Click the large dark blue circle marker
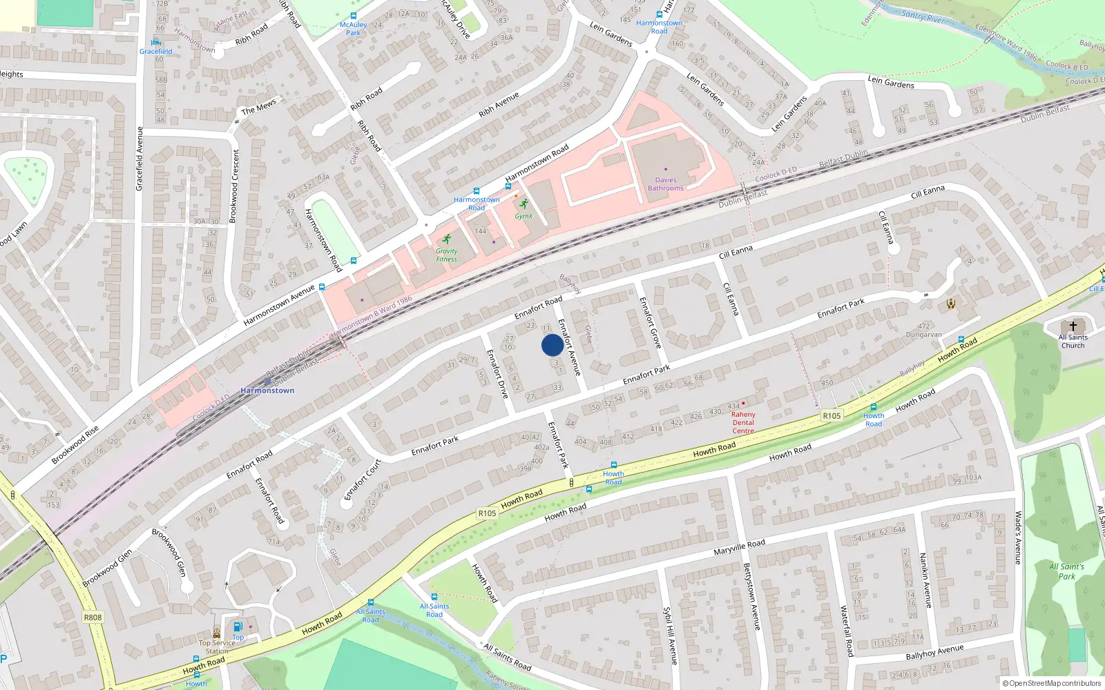tap(552, 345)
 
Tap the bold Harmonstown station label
tap(267, 391)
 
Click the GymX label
tap(523, 216)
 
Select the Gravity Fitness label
tap(446, 255)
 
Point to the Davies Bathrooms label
tap(666, 184)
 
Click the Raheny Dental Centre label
tap(743, 422)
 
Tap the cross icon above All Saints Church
tap(1073, 326)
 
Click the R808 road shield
tap(93, 617)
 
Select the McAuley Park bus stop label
tap(353, 28)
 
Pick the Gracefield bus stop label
tap(156, 51)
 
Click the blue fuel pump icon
tap(238, 627)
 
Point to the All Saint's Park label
tap(1066, 571)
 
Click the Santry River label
tap(923, 16)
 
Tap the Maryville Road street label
tap(739, 549)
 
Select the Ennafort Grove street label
tap(650, 322)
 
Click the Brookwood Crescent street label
tap(234, 186)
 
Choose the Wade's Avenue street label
tap(1017, 538)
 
